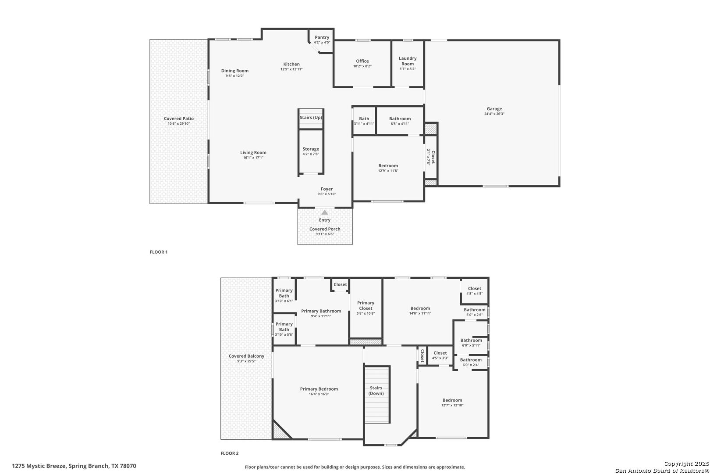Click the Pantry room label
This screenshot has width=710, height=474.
point(322,37)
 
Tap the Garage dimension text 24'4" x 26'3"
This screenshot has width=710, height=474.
point(494,114)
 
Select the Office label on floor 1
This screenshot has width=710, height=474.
point(362,61)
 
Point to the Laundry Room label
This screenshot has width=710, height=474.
point(408,61)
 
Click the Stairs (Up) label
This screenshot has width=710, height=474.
point(311,118)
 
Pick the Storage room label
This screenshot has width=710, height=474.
point(311,149)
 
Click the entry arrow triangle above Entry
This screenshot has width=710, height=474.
point(325,212)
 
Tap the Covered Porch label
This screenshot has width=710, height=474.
point(325,229)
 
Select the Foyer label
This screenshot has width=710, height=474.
point(327,189)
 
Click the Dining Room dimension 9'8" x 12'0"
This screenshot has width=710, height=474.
point(235,76)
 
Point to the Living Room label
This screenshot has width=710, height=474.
point(253,152)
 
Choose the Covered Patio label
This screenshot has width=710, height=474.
point(179,118)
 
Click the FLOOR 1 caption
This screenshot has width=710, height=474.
point(159,252)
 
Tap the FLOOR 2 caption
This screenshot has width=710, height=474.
point(230,453)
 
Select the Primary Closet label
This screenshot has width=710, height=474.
point(366,305)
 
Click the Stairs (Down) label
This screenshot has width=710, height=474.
point(376,391)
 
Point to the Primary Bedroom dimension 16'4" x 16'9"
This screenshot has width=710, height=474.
point(319,394)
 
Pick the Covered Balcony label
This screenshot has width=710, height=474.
point(247,356)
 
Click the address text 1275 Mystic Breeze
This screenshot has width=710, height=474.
point(39,466)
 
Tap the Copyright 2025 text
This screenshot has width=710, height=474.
point(686,464)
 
